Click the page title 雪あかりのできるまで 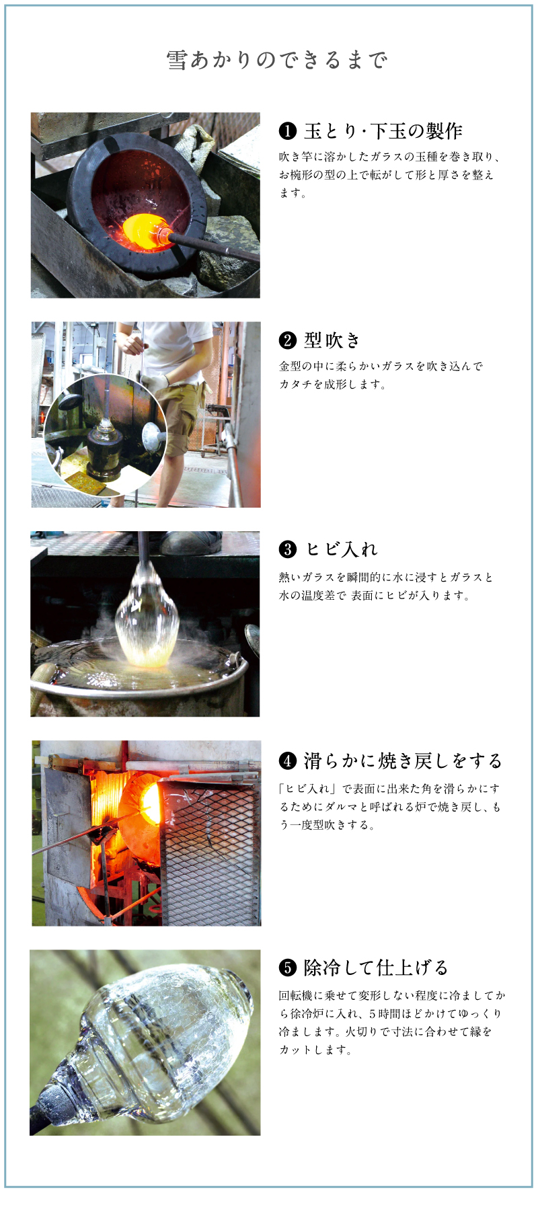coord(276,61)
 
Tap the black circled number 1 coord(287,130)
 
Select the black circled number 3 coord(287,549)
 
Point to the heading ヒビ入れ coord(342,549)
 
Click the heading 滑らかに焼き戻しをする coord(403,760)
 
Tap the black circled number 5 coord(287,968)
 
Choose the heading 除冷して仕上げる coord(375,968)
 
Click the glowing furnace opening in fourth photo coord(144,804)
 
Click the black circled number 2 coord(287,340)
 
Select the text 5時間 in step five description coord(383,1013)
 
